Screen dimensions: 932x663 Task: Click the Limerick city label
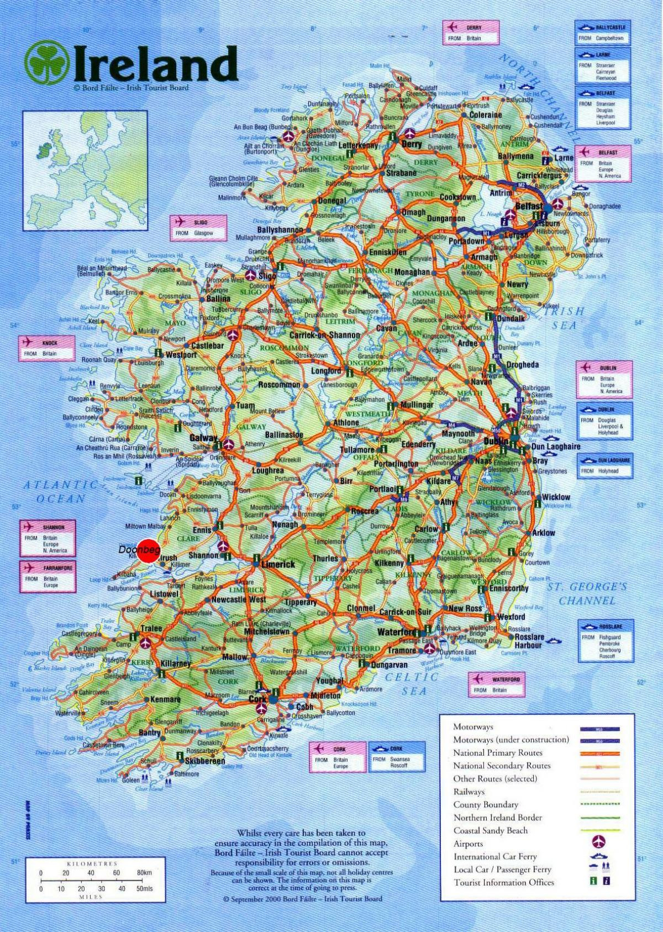(278, 564)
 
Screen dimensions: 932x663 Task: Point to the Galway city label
(203, 438)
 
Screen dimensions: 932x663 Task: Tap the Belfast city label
(529, 206)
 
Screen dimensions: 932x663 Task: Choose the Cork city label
(257, 699)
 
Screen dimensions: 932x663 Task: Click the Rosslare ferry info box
(604, 641)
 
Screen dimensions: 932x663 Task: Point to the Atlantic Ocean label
(61, 491)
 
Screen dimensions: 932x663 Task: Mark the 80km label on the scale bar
(144, 872)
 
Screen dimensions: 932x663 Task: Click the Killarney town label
(176, 663)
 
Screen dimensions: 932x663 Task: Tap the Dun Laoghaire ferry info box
(604, 465)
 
